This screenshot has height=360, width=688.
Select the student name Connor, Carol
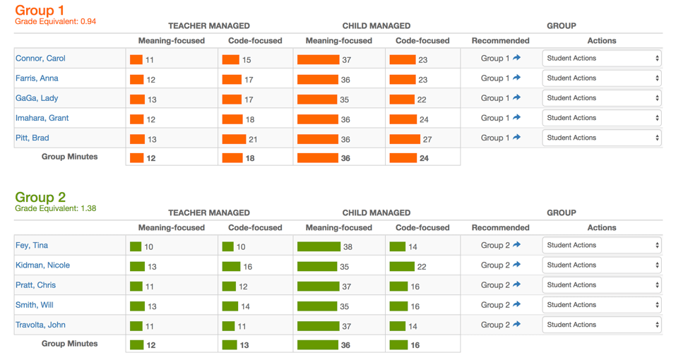40,59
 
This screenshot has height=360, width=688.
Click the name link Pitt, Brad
32,138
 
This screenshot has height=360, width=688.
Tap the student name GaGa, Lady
37,98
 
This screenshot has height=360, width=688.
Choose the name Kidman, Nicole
42,265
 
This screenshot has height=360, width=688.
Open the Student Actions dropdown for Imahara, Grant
602,118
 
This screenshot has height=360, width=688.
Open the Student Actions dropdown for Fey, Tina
602,246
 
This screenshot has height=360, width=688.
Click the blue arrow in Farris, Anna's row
516,78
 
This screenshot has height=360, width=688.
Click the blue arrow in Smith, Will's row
516,305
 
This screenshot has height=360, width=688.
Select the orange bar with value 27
405,139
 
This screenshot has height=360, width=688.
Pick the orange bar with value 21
234,139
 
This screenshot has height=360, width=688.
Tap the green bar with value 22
401,266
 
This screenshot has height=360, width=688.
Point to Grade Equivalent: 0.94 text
55,22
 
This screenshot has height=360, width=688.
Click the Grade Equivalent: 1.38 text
55,209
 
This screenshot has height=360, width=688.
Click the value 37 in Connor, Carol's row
346,60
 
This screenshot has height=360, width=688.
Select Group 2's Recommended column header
500,228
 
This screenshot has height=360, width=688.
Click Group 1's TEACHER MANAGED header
208,26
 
